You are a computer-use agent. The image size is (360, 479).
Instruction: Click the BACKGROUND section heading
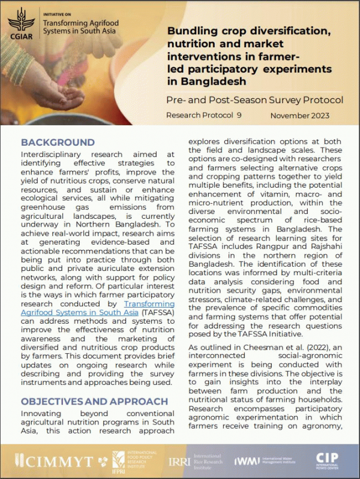tap(58, 143)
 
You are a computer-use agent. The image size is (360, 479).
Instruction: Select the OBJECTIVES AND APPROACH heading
tap(94, 401)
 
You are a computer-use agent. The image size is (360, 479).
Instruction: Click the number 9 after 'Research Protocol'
tap(239, 115)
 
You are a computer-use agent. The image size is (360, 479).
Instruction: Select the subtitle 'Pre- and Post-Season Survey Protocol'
tap(255, 100)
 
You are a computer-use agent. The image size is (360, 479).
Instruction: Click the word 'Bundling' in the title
tap(191, 31)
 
